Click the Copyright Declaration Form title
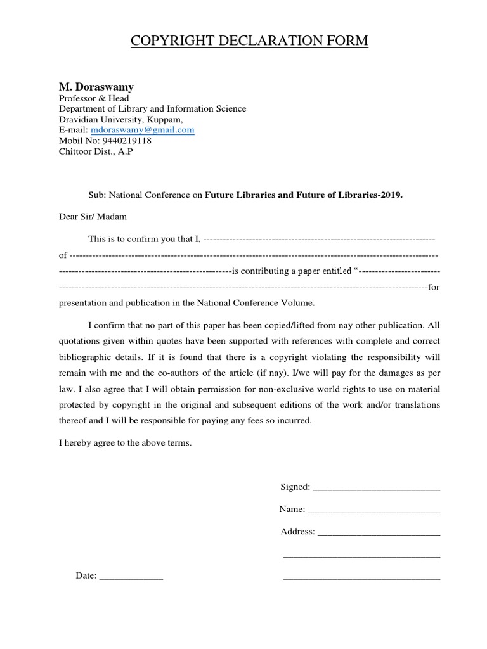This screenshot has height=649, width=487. pos(249,41)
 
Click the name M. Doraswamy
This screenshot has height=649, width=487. pos(96,86)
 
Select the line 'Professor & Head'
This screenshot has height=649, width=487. pos(94,98)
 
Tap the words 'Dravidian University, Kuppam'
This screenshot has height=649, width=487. pos(120,119)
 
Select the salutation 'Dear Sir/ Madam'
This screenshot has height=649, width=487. pos(93,217)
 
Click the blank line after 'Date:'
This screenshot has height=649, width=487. pos(131,577)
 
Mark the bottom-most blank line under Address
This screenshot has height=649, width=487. pos(361,578)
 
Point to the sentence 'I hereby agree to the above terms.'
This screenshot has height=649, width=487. pos(125,444)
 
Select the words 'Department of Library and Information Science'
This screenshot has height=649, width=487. pos(152,108)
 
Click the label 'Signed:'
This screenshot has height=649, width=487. pos(295,487)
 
